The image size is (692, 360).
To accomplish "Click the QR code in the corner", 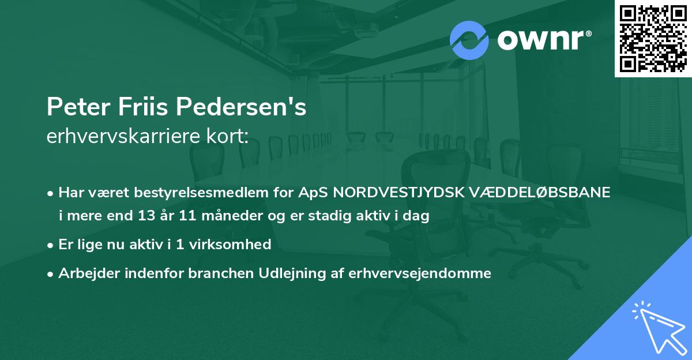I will coord(653,38).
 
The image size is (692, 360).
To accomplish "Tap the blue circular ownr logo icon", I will coord(469,40).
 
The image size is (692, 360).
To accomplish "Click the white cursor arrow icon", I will coord(657,328).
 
